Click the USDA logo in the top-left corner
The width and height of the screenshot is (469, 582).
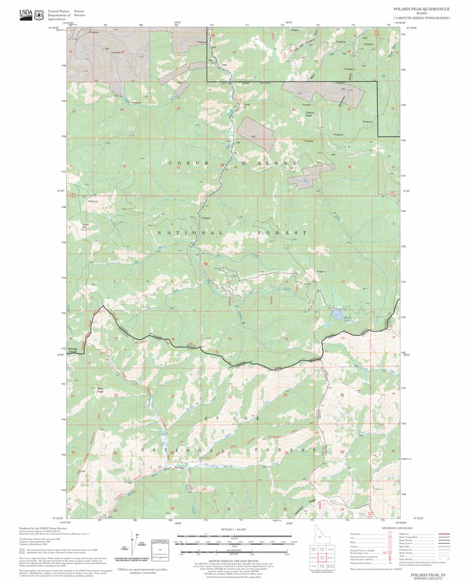(25, 15)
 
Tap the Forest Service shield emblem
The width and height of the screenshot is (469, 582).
(39, 15)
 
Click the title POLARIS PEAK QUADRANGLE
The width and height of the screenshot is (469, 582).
(422, 9)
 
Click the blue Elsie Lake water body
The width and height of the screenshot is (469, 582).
(337, 314)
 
